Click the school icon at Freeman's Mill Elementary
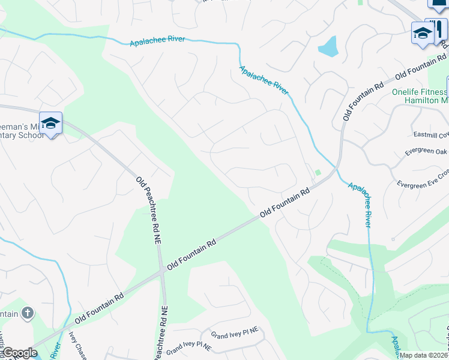tap(51, 124)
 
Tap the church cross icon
tap(27, 313)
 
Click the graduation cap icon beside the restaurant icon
tap(422, 33)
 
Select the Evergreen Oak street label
tap(426, 152)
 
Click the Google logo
tap(20, 353)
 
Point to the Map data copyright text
tap(424, 355)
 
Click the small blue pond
tap(328, 46)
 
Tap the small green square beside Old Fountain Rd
tap(318, 173)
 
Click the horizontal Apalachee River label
tap(157, 42)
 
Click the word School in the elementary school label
tap(30, 135)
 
